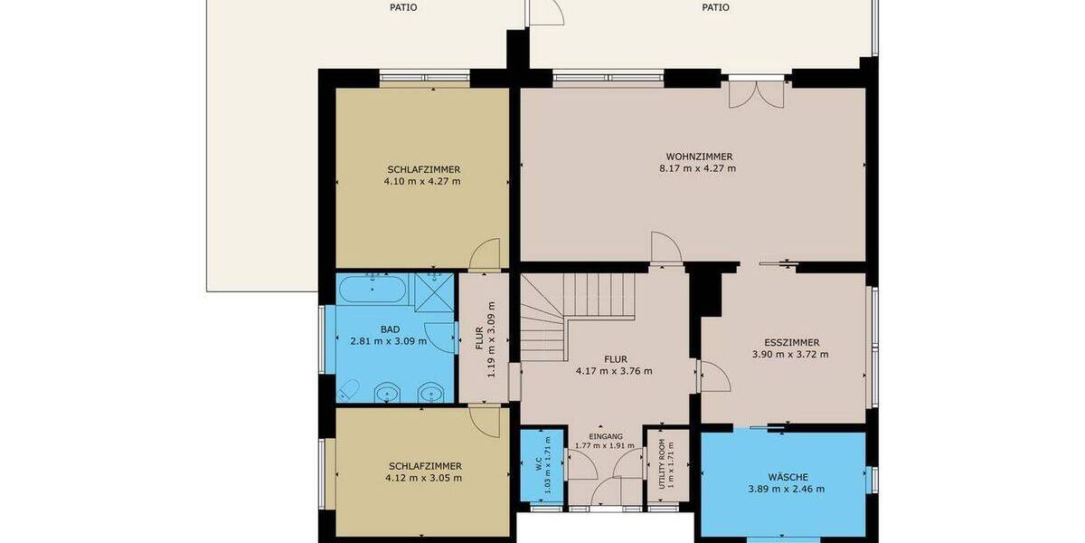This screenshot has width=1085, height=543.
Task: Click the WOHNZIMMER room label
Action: (x=699, y=156)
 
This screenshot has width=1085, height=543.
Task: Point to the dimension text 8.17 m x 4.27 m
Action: (x=699, y=168)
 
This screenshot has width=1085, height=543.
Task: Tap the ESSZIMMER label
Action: (x=791, y=342)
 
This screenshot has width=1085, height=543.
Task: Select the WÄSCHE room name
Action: (x=786, y=477)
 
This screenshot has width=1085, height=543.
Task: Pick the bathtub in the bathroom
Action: (x=373, y=291)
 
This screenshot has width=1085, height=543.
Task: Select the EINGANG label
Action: (x=605, y=435)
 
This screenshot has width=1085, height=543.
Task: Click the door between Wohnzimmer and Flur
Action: (x=664, y=249)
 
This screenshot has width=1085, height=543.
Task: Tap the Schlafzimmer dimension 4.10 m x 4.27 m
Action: (x=422, y=181)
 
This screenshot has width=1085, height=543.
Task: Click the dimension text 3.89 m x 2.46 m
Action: (x=786, y=490)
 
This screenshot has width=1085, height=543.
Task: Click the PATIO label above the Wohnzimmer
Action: (x=715, y=8)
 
